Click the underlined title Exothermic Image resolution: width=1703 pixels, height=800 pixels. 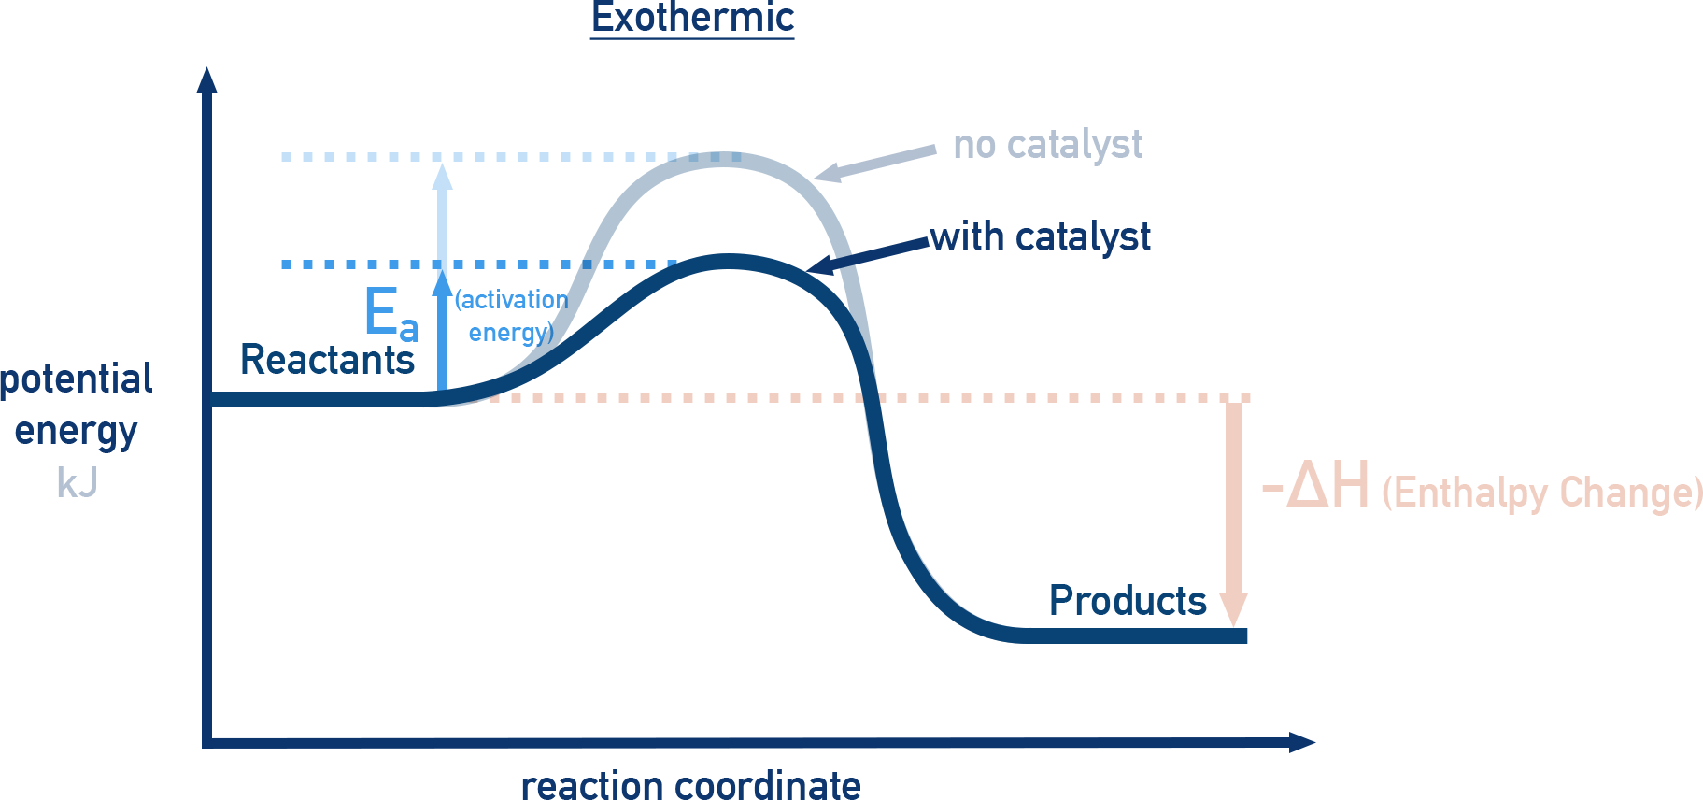click(692, 19)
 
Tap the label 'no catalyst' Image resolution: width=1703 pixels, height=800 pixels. click(1046, 146)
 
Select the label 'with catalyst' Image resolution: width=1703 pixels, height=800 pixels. click(1040, 237)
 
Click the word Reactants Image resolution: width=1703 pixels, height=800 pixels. click(327, 361)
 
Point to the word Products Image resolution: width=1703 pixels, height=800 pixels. click(1127, 601)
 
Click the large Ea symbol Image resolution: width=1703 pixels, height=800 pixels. click(390, 314)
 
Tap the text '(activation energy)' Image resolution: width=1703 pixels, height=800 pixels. click(511, 316)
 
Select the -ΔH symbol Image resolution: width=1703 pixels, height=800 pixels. click(1315, 486)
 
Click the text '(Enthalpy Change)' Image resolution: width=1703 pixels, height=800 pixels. click(1541, 493)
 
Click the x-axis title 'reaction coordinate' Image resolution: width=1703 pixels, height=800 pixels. click(690, 785)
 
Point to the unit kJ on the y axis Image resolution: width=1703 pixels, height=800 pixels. click(77, 484)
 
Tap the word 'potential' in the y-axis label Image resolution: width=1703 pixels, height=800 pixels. click(77, 379)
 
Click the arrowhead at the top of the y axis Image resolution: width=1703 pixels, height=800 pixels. click(207, 79)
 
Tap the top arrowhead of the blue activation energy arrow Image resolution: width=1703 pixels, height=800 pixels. click(443, 177)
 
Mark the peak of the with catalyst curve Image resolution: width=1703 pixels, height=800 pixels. click(729, 262)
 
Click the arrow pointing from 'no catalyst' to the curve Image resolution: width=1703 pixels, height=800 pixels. click(873, 163)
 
